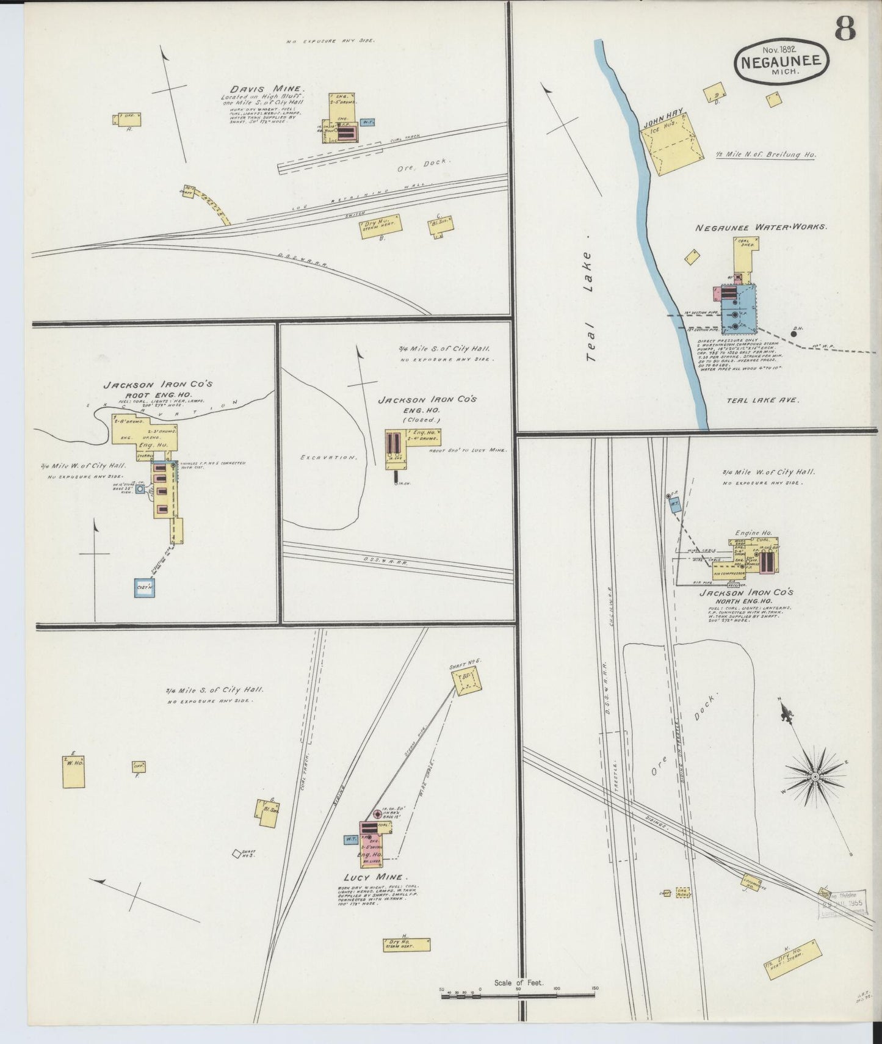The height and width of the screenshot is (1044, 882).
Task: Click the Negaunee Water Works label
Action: click(x=761, y=227)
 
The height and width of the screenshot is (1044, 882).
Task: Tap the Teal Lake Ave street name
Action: click(x=762, y=401)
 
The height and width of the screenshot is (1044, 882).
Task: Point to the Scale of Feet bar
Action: click(x=519, y=996)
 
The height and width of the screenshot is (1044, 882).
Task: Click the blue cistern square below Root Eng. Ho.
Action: click(x=146, y=587)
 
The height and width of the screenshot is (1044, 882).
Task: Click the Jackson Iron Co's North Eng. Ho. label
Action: click(x=746, y=596)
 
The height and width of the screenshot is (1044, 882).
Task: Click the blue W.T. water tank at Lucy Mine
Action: click(x=351, y=839)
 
